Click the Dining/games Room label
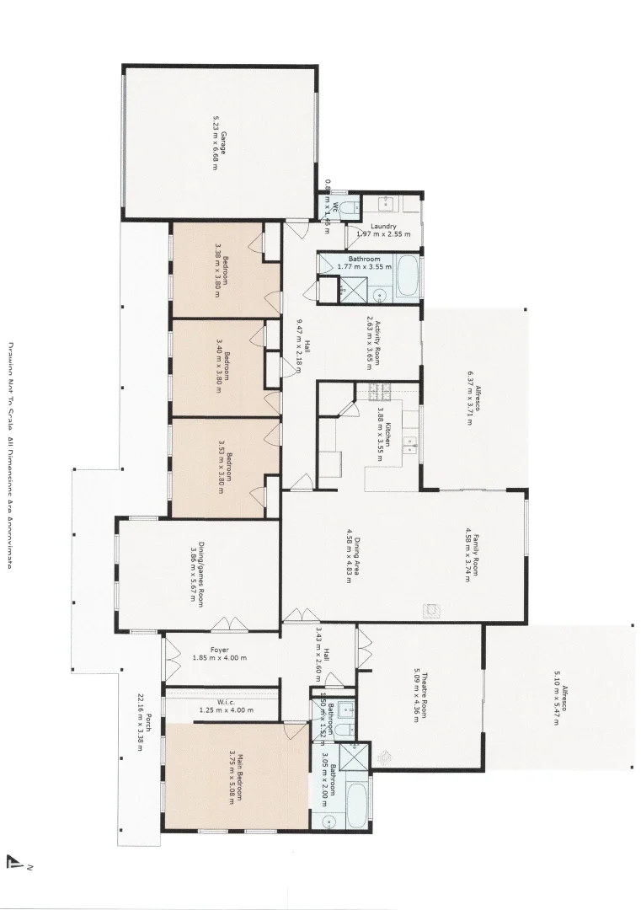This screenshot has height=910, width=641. (198, 574)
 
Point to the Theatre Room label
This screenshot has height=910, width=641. (422, 694)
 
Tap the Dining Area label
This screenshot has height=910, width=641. (352, 557)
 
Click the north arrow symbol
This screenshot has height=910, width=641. (14, 861)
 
